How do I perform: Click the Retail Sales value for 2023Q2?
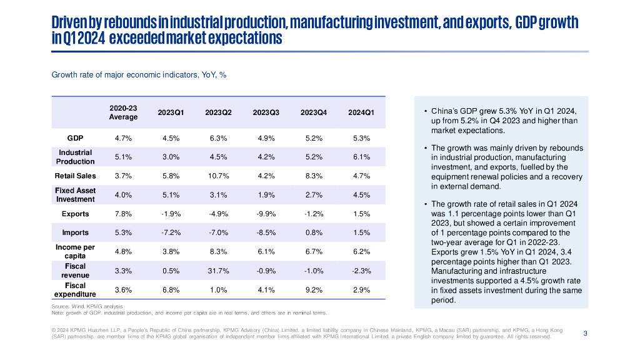coord(219,176)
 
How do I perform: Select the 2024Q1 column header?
coord(361,112)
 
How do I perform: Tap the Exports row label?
coord(76,214)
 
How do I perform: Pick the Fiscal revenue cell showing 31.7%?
coord(219,271)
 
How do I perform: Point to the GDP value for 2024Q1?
coord(361,138)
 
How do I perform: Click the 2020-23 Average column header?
coord(123,112)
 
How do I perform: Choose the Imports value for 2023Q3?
coord(266,232)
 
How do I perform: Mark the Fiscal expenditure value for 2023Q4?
coord(314,290)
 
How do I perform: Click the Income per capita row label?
coord(76,251)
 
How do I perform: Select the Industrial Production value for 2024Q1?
coord(361,157)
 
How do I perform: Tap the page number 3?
coord(585,333)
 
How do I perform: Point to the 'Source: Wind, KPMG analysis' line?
coord(87,306)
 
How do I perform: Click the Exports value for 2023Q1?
coord(171,214)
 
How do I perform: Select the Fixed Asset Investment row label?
coord(76,195)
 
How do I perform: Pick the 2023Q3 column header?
coord(266,112)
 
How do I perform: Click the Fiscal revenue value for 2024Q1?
coord(361,271)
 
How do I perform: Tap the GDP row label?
coord(76,138)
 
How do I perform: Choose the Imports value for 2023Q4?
coord(314,232)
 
